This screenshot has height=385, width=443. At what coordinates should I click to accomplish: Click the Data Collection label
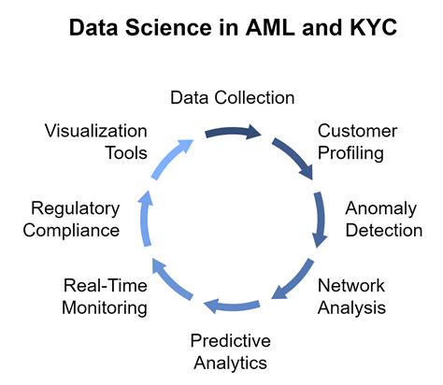pos(232,97)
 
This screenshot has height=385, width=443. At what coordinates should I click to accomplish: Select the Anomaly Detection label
pos(383,217)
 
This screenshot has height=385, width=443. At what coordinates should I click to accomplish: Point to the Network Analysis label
pos(351,294)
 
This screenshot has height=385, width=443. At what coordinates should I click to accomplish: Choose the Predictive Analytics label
pos(229,350)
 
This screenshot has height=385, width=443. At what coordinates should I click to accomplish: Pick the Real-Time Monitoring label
pos(106,295)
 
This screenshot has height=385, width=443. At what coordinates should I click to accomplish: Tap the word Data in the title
pos(98,29)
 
